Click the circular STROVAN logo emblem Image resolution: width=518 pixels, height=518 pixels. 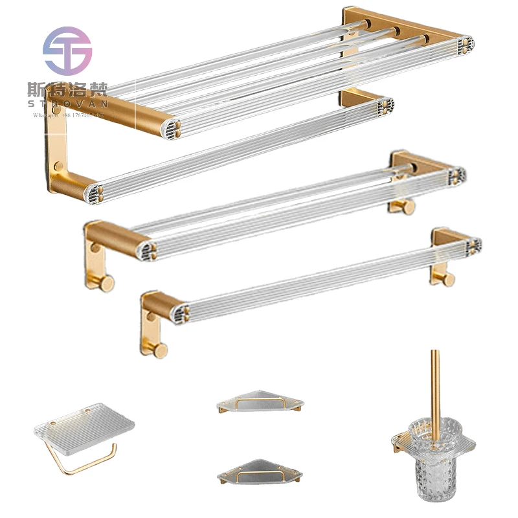click(67, 51)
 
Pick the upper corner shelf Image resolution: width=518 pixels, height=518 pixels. click(260, 403)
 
